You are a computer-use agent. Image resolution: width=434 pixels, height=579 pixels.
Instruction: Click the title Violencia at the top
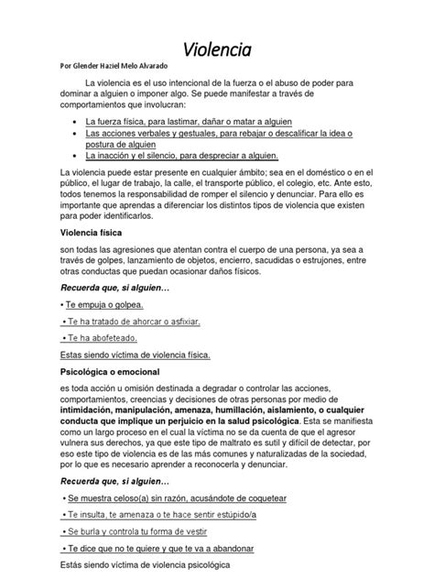point(217,47)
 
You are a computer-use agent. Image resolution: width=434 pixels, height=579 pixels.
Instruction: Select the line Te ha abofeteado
point(101,337)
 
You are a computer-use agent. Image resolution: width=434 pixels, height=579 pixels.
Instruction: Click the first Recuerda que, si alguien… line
point(102,287)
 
